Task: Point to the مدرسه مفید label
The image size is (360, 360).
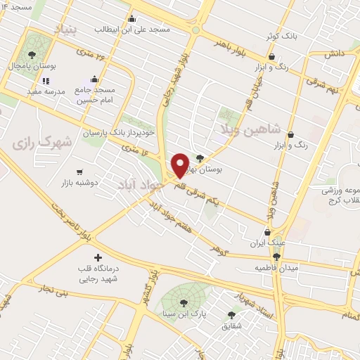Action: click(x=46, y=91)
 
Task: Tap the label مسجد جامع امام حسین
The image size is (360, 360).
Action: click(x=95, y=95)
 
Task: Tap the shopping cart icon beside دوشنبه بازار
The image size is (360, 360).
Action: click(x=80, y=172)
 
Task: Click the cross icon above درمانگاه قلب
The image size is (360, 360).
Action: click(x=97, y=258)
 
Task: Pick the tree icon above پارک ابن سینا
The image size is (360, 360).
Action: click(x=184, y=303)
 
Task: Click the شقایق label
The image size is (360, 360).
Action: click(x=231, y=326)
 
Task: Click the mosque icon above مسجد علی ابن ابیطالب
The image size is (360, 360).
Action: click(x=131, y=19)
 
